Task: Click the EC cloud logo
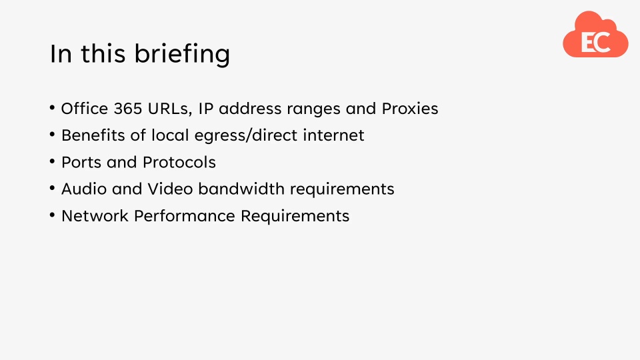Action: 595,37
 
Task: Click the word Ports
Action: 81,162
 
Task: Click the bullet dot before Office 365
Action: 53,109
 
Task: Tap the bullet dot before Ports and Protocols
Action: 53,162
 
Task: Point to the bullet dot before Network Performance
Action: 53,216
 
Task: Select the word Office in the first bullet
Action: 85,109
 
